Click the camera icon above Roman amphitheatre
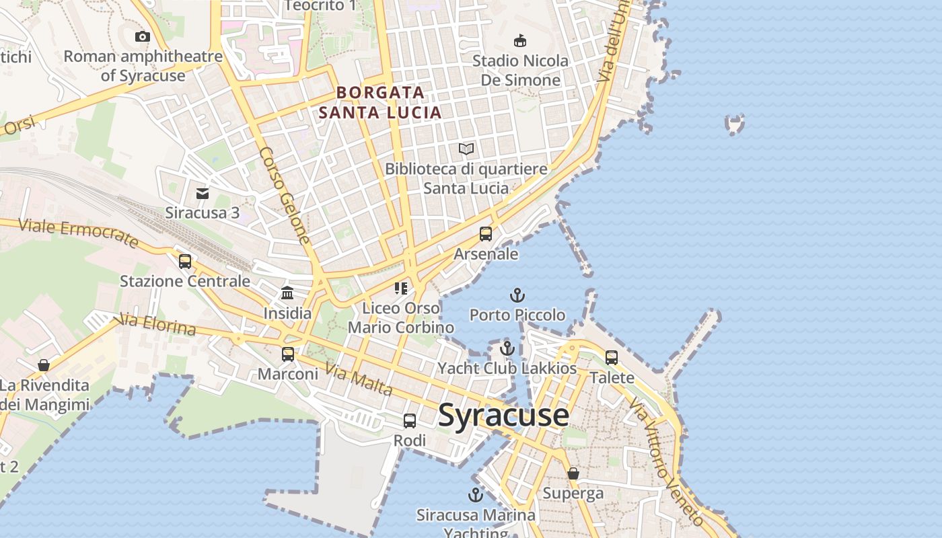coord(143,37)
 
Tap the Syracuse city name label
coord(503,415)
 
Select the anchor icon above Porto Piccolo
coord(517,295)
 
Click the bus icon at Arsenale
coord(486,234)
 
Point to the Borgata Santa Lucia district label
coord(381,102)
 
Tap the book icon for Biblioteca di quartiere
coord(466,149)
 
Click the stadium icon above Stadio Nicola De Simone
coord(520,41)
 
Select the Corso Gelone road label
coord(285,195)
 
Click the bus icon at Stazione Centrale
coord(185,262)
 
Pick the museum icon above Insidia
coord(287,293)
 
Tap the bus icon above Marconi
coord(288,354)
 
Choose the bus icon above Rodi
coord(410,421)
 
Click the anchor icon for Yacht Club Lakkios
coord(507,348)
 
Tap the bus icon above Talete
coord(612,358)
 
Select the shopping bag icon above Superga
coord(573,473)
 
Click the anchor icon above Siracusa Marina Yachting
coord(476,496)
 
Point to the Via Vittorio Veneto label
coord(666,461)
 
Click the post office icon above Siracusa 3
coord(203,194)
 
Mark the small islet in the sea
coord(735,124)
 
